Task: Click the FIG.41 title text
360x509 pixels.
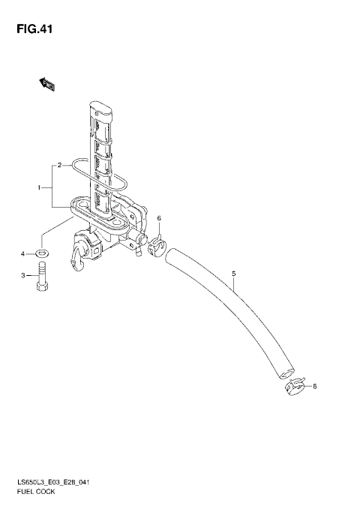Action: click(x=34, y=29)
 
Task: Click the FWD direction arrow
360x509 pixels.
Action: click(x=47, y=84)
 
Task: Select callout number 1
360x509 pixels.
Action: click(x=39, y=187)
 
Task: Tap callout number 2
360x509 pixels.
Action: click(x=59, y=166)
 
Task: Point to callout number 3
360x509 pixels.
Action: click(x=23, y=276)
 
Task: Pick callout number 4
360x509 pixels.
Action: click(x=23, y=254)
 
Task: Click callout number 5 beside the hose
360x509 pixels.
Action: click(x=233, y=274)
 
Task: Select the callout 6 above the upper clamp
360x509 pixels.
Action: click(x=159, y=218)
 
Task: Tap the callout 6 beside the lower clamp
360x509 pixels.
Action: click(x=314, y=386)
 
